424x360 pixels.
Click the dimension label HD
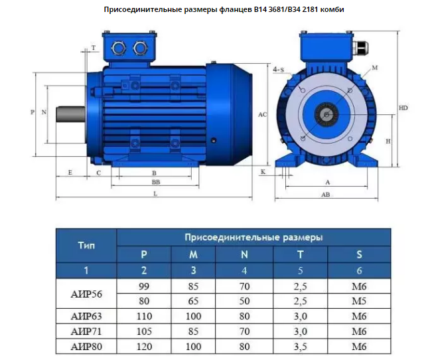(403, 108)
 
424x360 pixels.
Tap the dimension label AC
(262, 114)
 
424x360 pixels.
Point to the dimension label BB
(156, 182)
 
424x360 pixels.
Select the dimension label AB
(326, 195)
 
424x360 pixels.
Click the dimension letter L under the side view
(155, 194)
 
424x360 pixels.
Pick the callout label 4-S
(279, 70)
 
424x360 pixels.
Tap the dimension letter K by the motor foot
(263, 172)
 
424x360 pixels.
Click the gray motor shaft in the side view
(71, 114)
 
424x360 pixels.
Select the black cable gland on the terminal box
(360, 48)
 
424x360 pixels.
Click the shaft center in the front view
(326, 115)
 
